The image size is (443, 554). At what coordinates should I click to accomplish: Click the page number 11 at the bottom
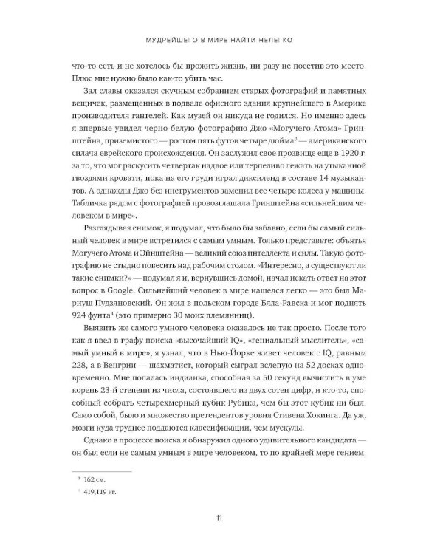coord(221,516)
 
